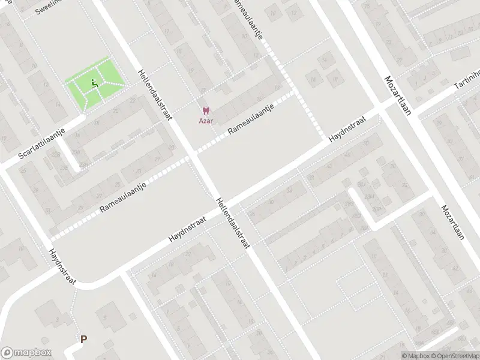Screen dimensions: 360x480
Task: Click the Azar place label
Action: tap(206, 119)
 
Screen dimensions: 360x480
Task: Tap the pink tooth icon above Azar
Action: tap(206, 111)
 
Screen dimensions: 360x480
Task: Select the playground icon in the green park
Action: tap(94, 84)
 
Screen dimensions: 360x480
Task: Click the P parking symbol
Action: tap(83, 339)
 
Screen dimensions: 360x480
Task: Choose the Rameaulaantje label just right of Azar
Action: tap(250, 119)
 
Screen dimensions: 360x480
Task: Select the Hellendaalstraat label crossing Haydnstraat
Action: tap(233, 221)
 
